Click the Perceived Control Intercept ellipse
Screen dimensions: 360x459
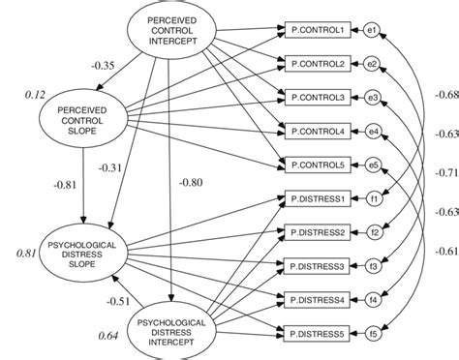(170, 29)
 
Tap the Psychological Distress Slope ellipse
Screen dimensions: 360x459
(84, 253)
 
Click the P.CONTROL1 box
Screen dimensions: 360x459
(316, 30)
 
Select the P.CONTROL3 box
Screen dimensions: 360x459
(316, 97)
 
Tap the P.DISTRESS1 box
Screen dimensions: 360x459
(316, 198)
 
